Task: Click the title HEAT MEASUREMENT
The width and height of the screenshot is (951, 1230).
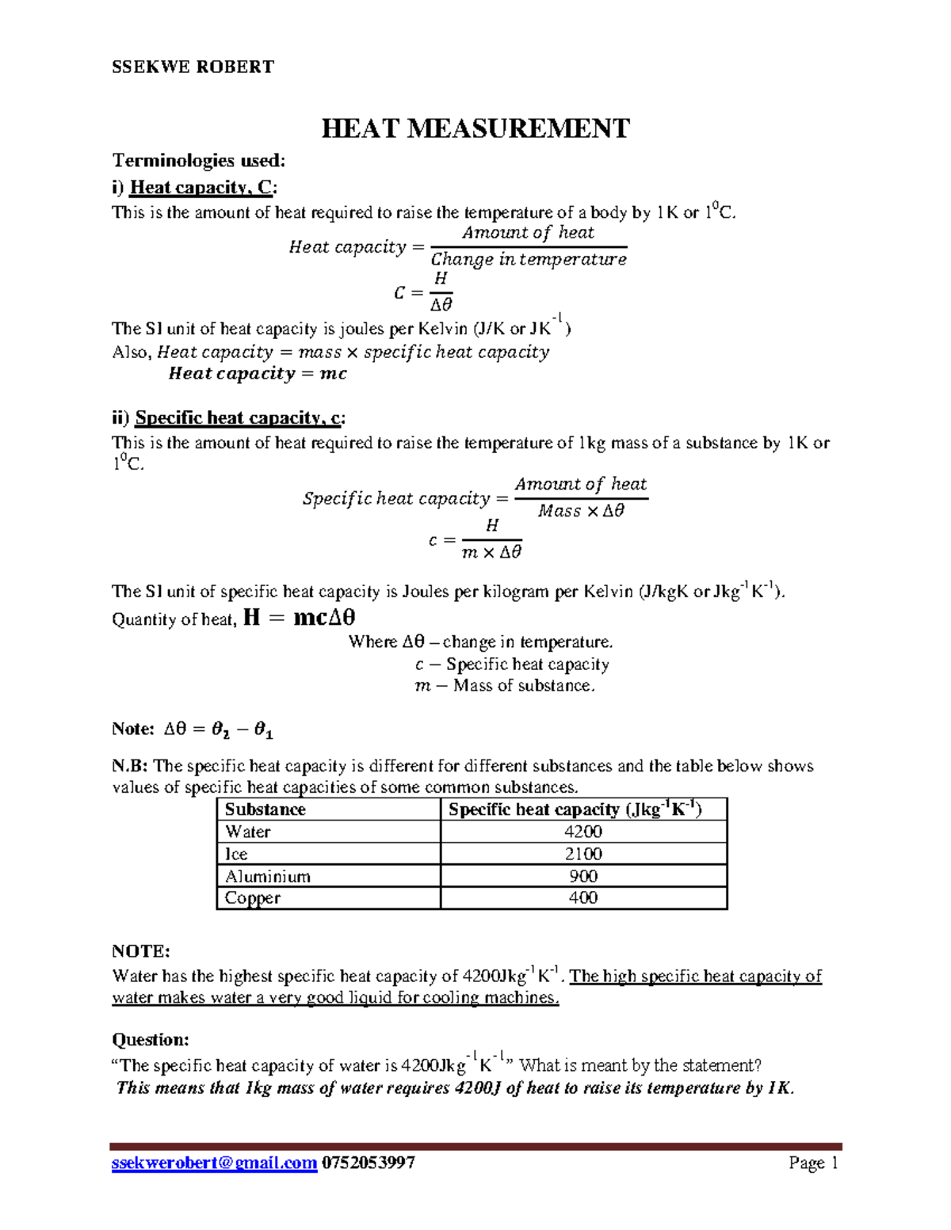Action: tap(475, 128)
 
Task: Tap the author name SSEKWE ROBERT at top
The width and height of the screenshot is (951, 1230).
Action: tap(193, 67)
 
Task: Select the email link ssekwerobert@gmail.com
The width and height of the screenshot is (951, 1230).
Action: tap(214, 1163)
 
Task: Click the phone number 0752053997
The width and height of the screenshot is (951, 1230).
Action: tap(368, 1163)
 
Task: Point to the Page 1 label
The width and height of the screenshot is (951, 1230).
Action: tap(813, 1163)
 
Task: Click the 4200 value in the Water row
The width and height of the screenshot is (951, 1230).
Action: tap(583, 832)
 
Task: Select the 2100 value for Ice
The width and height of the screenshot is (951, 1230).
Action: tap(583, 854)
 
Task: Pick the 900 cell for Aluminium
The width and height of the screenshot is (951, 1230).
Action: tap(583, 876)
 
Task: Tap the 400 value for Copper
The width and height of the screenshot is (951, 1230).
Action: tap(583, 897)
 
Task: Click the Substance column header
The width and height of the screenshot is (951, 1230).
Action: tap(265, 809)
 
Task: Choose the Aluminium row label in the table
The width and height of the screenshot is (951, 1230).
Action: tap(268, 876)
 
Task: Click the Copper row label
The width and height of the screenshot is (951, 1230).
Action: tap(253, 897)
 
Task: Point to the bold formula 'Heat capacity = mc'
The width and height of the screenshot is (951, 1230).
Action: tap(258, 374)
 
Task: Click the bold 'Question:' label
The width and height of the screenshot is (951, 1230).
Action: tap(151, 1039)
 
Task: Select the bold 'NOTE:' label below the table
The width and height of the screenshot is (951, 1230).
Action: tap(141, 950)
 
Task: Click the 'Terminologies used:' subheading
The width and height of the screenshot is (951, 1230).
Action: tap(198, 161)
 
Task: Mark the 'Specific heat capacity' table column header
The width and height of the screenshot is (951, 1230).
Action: tap(575, 809)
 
